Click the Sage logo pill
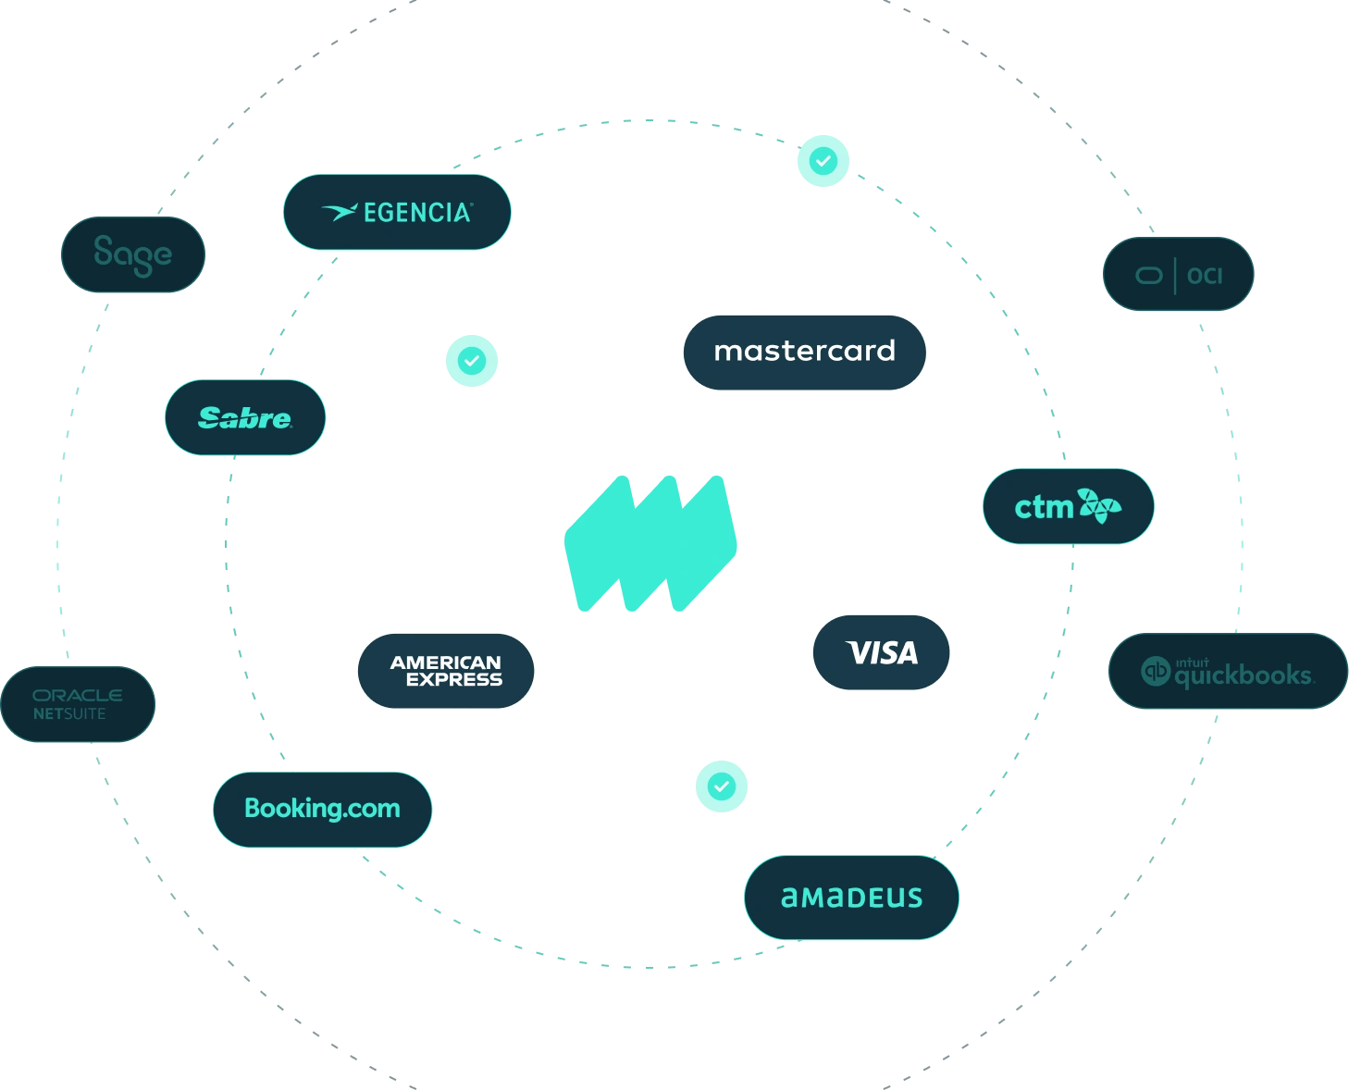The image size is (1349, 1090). click(x=132, y=254)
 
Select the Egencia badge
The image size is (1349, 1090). click(x=397, y=212)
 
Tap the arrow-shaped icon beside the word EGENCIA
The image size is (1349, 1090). click(x=339, y=213)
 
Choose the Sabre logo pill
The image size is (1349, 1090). click(x=244, y=417)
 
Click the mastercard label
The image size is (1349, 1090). click(x=804, y=352)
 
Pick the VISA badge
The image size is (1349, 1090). click(x=882, y=653)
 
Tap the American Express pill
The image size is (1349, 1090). click(x=446, y=671)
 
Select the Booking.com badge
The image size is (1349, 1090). click(x=322, y=809)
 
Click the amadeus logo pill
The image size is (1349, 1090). click(x=851, y=897)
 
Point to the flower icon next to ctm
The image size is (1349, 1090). click(x=1098, y=506)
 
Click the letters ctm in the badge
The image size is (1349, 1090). click(x=1043, y=507)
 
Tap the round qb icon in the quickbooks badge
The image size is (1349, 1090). click(x=1156, y=671)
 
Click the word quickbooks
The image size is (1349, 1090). click(x=1243, y=675)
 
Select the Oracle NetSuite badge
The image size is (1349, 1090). click(x=78, y=704)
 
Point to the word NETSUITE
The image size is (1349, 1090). click(x=69, y=714)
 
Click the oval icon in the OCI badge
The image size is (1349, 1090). click(x=1148, y=275)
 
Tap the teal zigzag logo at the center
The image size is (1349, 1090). click(x=650, y=544)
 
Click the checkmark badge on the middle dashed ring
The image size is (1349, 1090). click(x=823, y=161)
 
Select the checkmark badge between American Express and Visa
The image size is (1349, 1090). click(x=721, y=787)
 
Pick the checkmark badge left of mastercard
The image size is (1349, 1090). click(x=472, y=360)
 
